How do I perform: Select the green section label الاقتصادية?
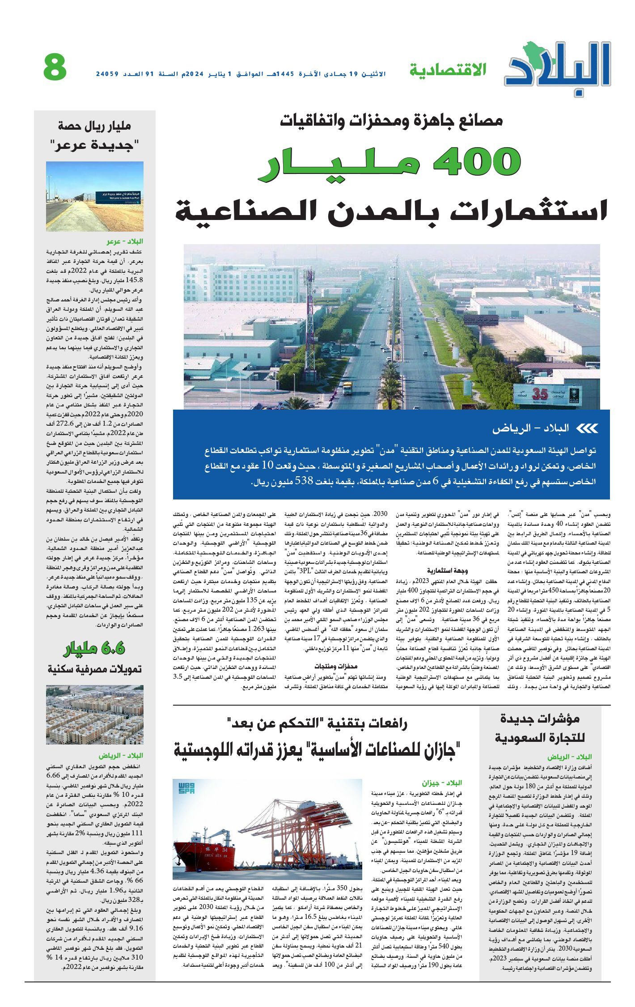(448, 70)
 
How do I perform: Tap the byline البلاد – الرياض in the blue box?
(531, 428)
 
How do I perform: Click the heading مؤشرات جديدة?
(540, 719)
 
